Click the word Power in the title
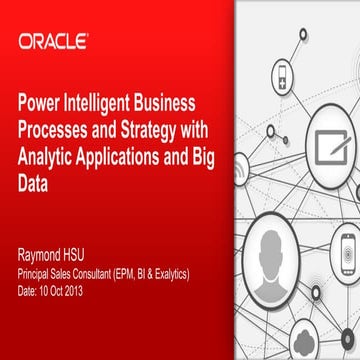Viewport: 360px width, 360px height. (38, 103)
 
